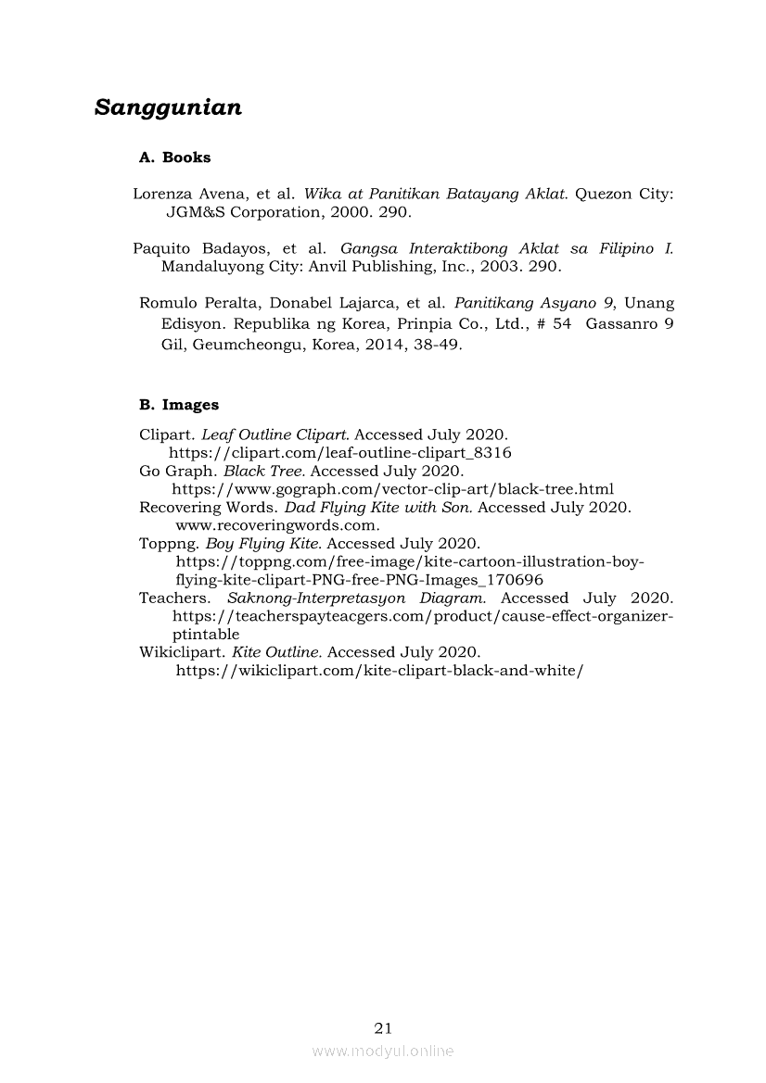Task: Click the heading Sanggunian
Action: [168, 107]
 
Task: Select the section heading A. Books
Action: [174, 157]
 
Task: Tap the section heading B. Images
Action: [179, 405]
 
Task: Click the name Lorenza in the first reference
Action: [162, 195]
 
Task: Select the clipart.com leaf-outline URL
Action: [340, 453]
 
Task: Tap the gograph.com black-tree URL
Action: [393, 489]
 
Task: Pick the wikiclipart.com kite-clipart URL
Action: [379, 671]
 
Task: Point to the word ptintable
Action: [206, 635]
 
